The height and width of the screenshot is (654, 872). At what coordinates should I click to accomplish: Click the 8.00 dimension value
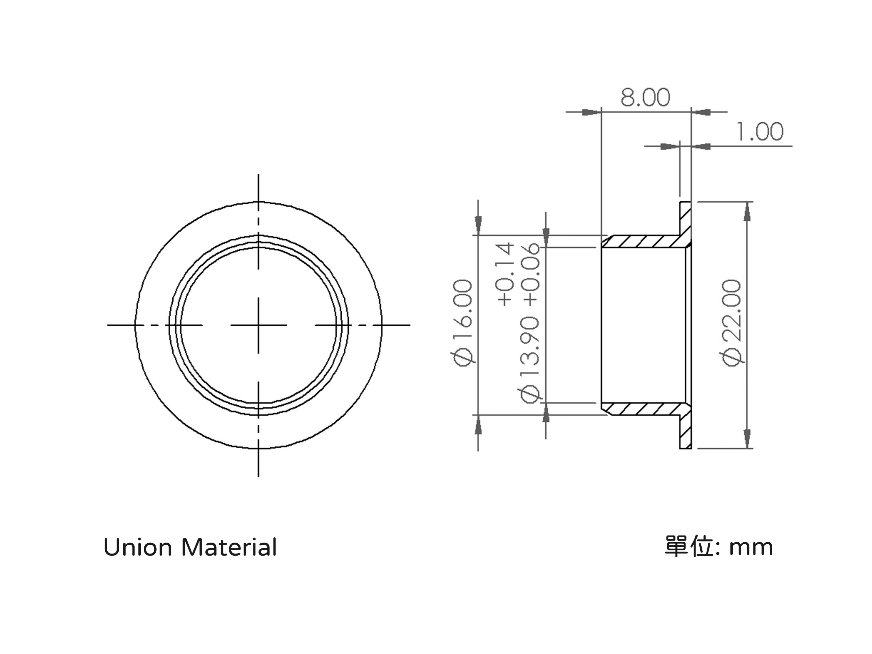click(x=645, y=97)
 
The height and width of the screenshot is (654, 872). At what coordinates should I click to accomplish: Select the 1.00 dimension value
click(x=760, y=132)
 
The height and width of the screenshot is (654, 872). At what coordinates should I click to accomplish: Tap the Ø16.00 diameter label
click(x=463, y=323)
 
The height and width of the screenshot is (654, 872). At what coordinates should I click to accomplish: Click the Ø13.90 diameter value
click(x=529, y=359)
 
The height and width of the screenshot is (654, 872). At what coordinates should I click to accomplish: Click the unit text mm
click(x=751, y=548)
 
